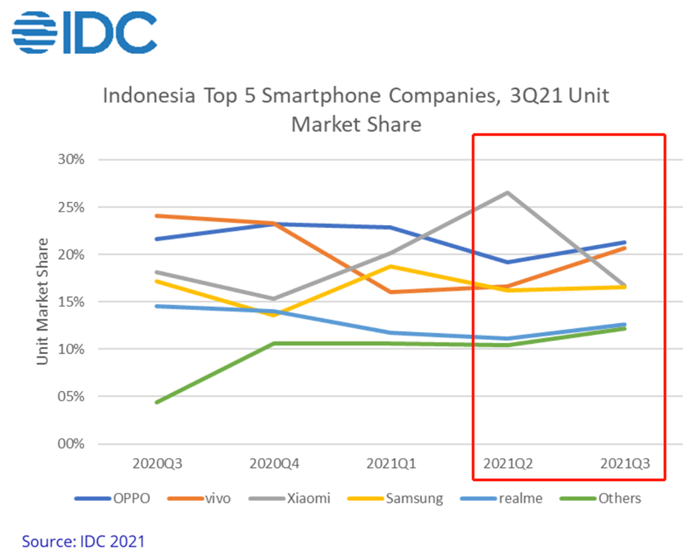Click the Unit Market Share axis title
click(43, 301)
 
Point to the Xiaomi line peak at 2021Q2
click(506, 193)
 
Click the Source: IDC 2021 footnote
click(83, 541)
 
